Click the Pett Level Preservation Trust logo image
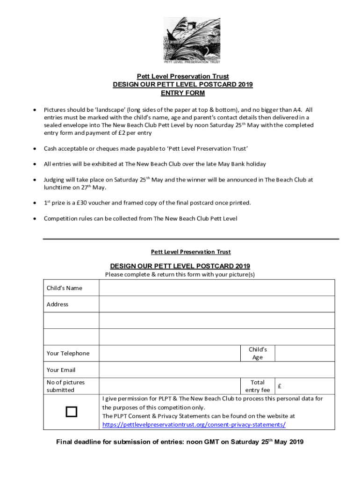[192, 40]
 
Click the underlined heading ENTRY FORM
[183, 93]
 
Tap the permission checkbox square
[71, 412]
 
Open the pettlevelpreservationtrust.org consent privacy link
[194, 425]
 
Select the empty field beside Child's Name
[216, 288]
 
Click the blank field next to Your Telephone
[169, 353]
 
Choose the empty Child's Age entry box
[304, 353]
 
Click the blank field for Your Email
[216, 370]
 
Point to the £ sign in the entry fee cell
[279, 386]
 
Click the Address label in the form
[58, 304]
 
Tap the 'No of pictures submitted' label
[65, 386]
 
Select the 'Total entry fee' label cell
[258, 386]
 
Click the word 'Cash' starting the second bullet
[51, 149]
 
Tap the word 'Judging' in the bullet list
[55, 180]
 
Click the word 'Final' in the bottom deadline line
[65, 442]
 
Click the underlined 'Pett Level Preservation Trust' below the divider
[191, 252]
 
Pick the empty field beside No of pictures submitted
[169, 386]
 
